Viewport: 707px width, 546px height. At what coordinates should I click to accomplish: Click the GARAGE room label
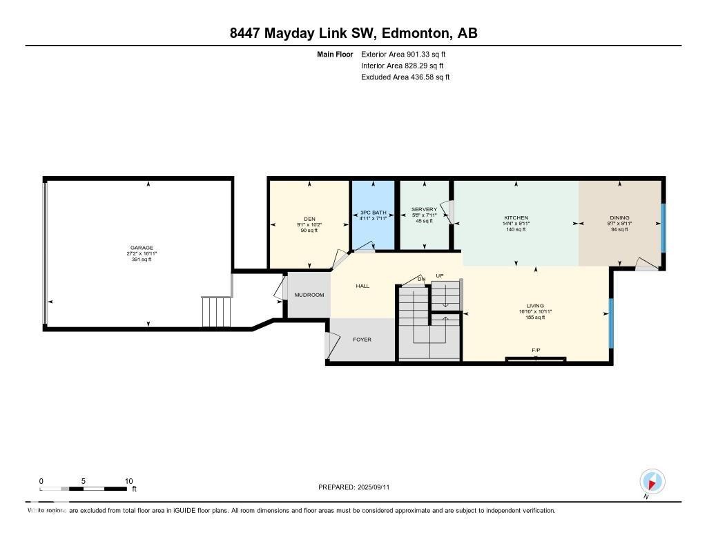pos(142,248)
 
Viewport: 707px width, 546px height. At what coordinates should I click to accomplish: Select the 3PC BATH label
pos(374,213)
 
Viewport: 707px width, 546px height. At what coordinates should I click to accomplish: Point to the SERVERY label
pos(424,209)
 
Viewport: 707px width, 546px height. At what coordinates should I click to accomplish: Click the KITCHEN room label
pos(516,217)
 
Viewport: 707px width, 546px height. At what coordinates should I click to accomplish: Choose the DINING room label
pos(619,217)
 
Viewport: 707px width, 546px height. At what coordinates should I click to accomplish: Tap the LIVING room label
pos(535,306)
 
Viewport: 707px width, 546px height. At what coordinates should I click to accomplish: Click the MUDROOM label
pos(309,295)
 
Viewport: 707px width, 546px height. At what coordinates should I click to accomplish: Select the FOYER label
pos(362,340)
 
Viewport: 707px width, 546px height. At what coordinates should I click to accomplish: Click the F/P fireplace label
pos(536,351)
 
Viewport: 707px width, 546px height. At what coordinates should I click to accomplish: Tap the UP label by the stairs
pos(439,275)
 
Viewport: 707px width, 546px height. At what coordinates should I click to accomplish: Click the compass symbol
pos(652,480)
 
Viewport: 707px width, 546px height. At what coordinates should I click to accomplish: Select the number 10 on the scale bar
pos(128,480)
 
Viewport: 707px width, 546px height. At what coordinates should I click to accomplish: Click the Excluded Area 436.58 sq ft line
pos(405,77)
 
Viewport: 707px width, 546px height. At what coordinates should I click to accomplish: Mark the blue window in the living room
pos(610,322)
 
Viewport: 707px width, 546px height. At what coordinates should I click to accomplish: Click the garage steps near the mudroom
pos(216,312)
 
